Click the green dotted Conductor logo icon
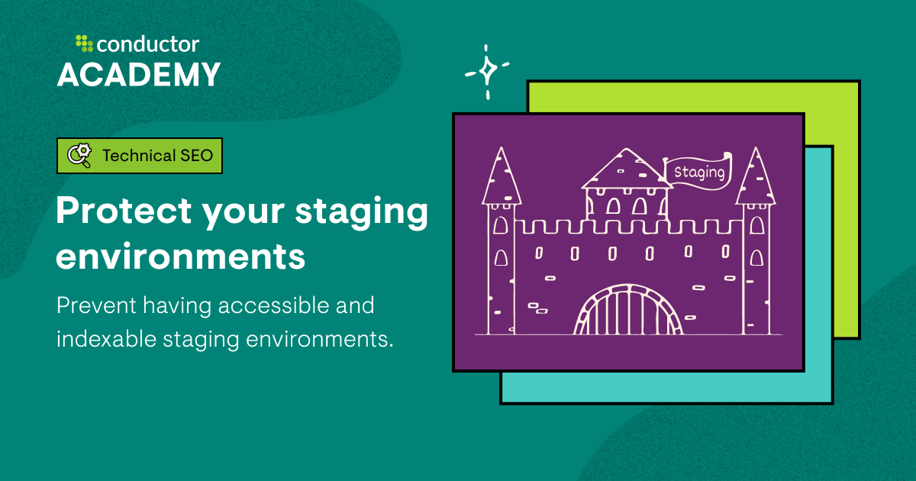pyautogui.click(x=84, y=44)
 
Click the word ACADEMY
pyautogui.click(x=139, y=75)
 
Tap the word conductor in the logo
pyautogui.click(x=148, y=44)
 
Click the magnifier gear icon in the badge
pyautogui.click(x=79, y=156)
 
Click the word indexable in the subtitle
pyautogui.click(x=105, y=340)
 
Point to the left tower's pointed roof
pyautogui.click(x=501, y=177)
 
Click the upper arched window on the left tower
pyautogui.click(x=501, y=225)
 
